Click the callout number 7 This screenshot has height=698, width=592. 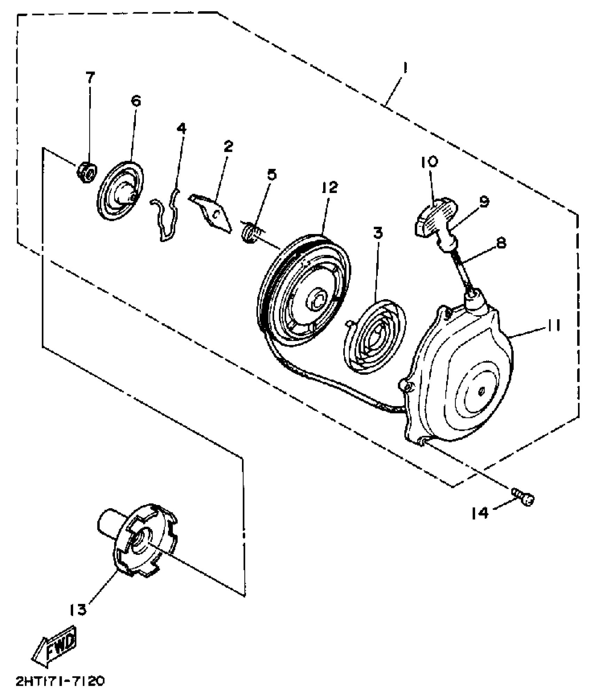pyautogui.click(x=90, y=77)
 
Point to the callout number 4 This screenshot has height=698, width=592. pyautogui.click(x=181, y=129)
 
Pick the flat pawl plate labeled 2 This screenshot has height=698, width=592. pyautogui.click(x=212, y=213)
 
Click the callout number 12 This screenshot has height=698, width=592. pyautogui.click(x=329, y=188)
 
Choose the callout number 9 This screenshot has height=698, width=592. pyautogui.click(x=484, y=202)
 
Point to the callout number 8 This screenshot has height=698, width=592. pyautogui.click(x=500, y=243)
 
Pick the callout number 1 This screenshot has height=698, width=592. pyautogui.click(x=405, y=68)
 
